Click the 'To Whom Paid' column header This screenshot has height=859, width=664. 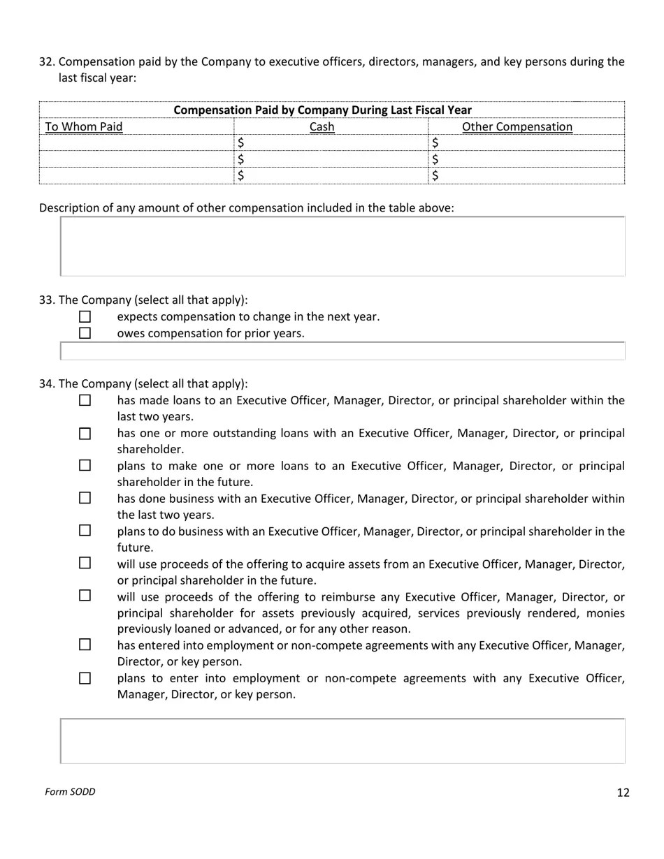(x=84, y=127)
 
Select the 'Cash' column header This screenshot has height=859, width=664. (x=322, y=127)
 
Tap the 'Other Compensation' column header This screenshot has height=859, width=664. (x=517, y=127)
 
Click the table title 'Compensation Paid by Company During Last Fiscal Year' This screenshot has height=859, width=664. (x=322, y=110)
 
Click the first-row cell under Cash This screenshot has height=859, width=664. (x=331, y=143)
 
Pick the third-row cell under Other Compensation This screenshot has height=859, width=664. (x=526, y=176)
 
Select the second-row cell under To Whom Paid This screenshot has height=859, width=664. (x=136, y=159)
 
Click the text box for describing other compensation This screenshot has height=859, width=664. (x=342, y=247)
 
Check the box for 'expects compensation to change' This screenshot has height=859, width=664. (x=85, y=317)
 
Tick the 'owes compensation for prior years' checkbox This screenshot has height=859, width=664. (x=85, y=333)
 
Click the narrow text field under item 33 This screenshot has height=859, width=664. (x=342, y=351)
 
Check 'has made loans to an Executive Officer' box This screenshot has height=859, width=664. (x=85, y=401)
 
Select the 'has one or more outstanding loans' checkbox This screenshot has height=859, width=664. (x=85, y=434)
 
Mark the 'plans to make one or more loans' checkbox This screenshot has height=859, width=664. (x=85, y=466)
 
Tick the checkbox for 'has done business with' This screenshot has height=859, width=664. (x=85, y=499)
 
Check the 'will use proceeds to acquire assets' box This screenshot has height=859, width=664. (x=85, y=563)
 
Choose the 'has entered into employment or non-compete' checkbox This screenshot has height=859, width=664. (x=85, y=645)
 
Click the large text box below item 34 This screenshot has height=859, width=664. (x=342, y=741)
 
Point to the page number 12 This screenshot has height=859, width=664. (x=623, y=793)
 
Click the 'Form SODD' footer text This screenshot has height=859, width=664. (x=70, y=792)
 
